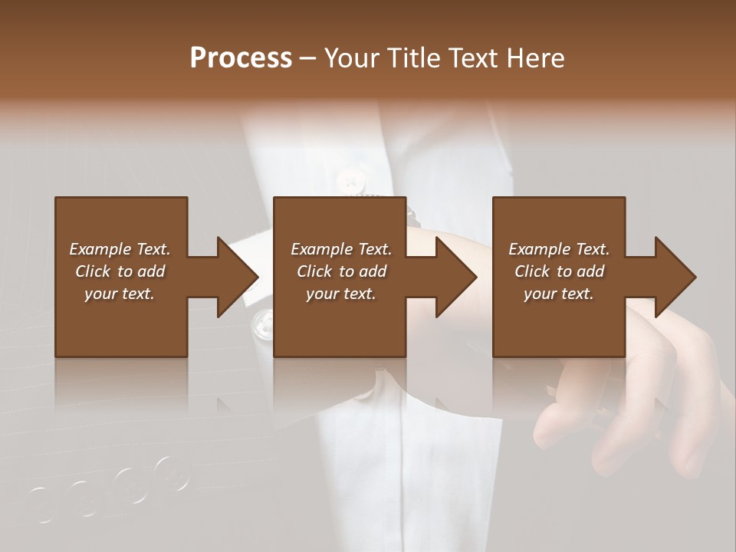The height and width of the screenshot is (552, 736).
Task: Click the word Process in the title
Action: pos(241,58)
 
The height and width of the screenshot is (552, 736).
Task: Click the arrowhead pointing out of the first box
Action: pos(237,277)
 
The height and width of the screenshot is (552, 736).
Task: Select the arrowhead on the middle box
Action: pos(455,277)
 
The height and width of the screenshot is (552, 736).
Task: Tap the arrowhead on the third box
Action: pos(675,277)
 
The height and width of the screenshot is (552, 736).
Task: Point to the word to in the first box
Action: pos(126,271)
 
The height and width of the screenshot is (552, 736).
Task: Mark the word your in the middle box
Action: pos(321,294)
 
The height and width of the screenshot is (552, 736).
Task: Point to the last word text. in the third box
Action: pos(577,294)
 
